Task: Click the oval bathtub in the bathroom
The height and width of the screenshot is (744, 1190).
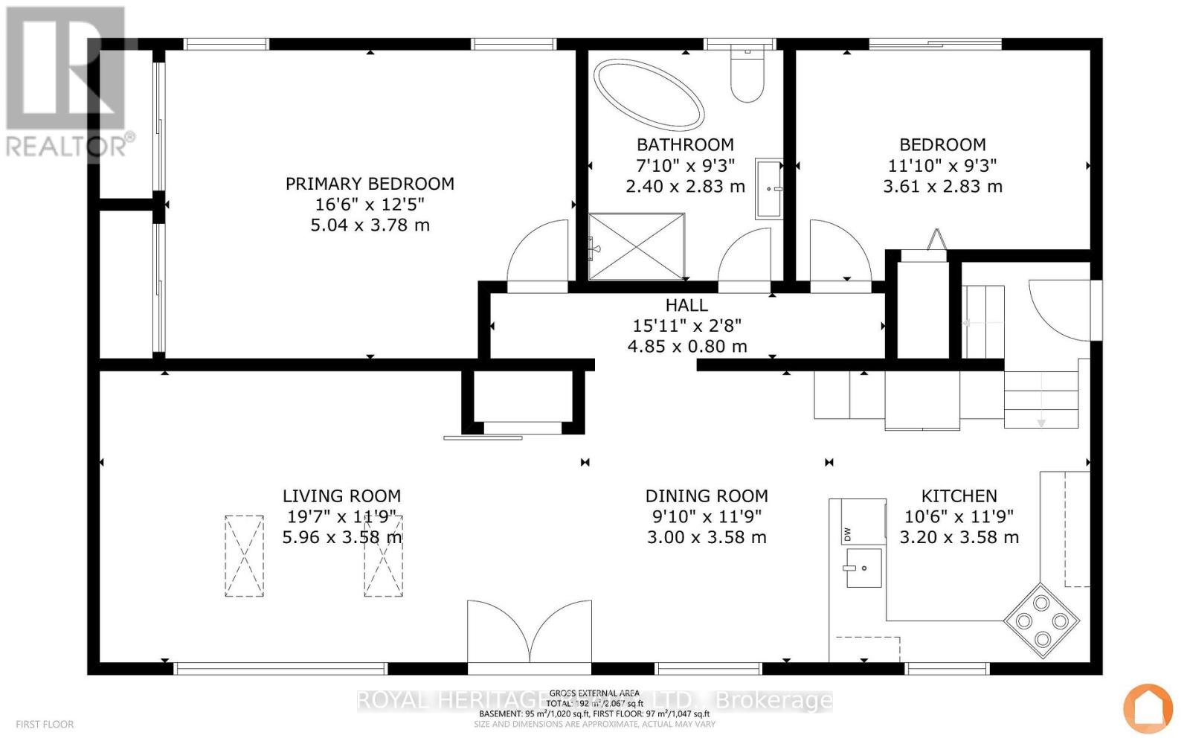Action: pos(649,94)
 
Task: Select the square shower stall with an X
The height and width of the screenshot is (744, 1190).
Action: pos(636,247)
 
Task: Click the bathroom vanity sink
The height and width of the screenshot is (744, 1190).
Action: pos(769,188)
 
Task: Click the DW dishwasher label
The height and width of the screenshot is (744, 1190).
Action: pos(846,533)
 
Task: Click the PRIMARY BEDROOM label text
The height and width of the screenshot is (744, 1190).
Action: pos(370,184)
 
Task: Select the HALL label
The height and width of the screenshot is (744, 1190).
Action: pos(686,305)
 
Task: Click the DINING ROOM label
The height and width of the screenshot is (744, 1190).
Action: pos(707,496)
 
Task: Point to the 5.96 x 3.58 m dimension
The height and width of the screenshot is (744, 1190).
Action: pos(341,537)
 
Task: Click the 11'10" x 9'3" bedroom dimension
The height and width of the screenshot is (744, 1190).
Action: pos(942,166)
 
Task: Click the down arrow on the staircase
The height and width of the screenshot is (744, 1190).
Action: pos(1041,423)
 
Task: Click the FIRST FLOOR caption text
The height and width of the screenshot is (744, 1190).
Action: pos(45,724)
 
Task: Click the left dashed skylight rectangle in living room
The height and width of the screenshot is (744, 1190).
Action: pos(244,556)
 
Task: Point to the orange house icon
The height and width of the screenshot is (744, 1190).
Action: pos(1148,708)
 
